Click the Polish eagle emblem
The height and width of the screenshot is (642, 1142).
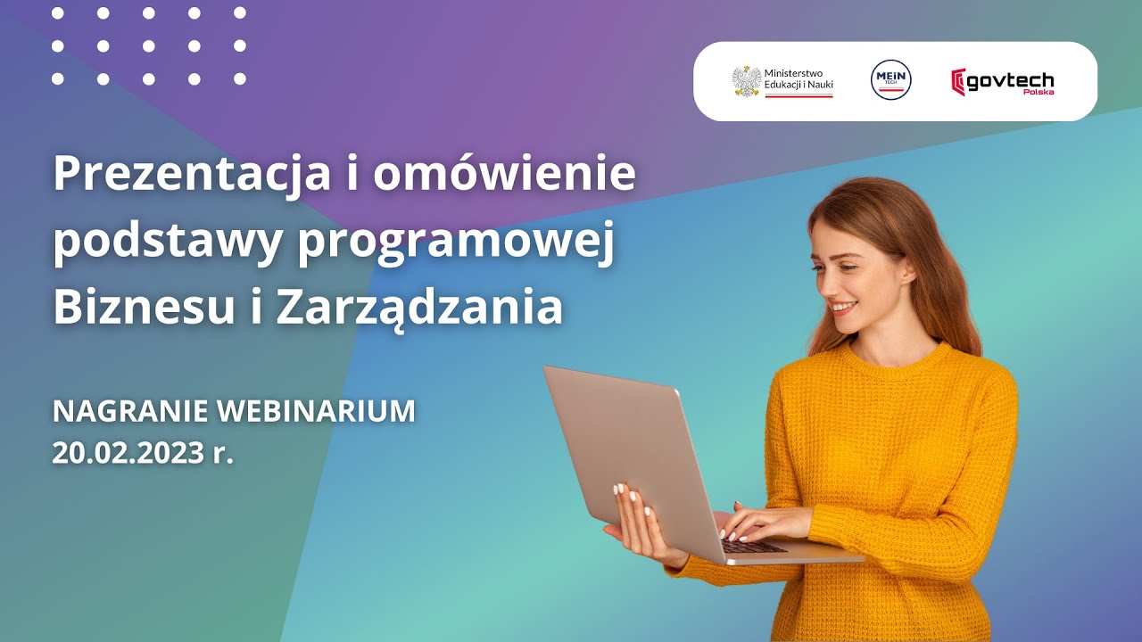click(x=746, y=81)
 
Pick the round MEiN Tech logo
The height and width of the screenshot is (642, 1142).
click(x=890, y=81)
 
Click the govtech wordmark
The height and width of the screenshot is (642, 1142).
click(x=1012, y=81)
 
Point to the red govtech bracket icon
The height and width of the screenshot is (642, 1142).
click(x=958, y=82)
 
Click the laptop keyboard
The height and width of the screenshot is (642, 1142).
click(x=755, y=546)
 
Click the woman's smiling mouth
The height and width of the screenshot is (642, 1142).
click(x=842, y=308)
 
